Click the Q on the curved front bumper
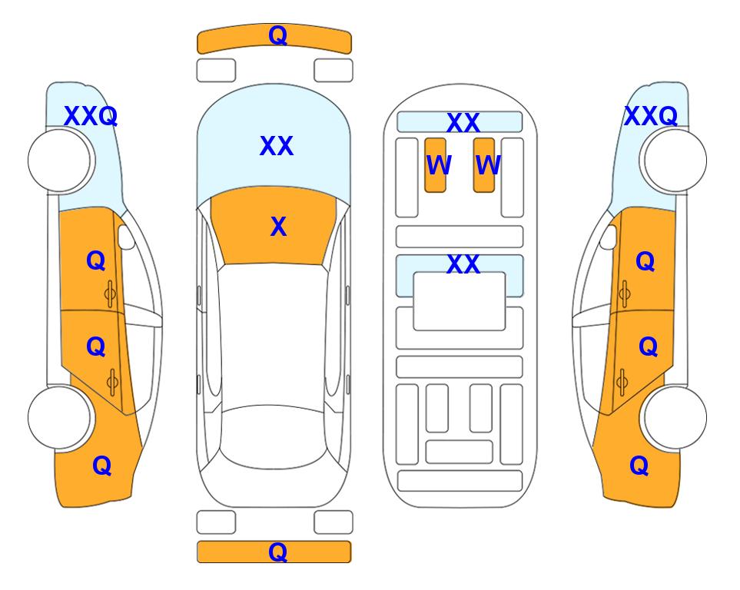click(277, 35)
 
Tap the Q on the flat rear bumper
click(277, 552)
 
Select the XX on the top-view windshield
click(277, 146)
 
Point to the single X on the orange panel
click(278, 227)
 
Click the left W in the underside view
click(439, 165)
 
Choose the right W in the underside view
click(488, 165)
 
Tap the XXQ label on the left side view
click(91, 116)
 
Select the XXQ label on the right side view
click(651, 116)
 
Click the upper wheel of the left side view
click(59, 161)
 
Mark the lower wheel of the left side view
click(59, 417)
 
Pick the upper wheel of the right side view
click(675, 161)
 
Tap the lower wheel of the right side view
click(675, 417)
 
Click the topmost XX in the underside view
click(463, 123)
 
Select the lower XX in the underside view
click(463, 264)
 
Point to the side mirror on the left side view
click(126, 237)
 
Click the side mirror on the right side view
click(609, 237)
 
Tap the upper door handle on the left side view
click(110, 293)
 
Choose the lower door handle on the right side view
click(622, 382)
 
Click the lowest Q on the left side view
click(102, 466)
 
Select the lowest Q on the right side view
click(639, 466)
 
